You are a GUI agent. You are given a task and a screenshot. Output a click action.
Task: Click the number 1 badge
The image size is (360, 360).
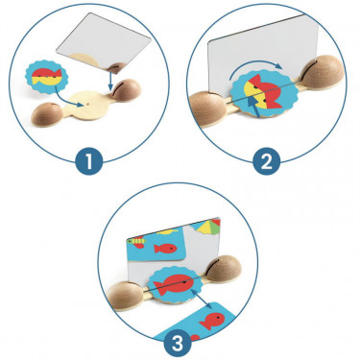[x=89, y=161]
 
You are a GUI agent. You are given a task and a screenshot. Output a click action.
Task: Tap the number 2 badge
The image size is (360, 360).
[x=267, y=161]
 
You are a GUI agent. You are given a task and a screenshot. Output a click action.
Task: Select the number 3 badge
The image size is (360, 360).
[x=178, y=345]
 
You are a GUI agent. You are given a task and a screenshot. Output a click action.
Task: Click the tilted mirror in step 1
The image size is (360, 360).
[x=104, y=41]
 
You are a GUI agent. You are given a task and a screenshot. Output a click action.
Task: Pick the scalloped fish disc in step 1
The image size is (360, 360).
[x=47, y=77]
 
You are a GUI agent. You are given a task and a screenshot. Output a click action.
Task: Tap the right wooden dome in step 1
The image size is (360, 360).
[x=127, y=90]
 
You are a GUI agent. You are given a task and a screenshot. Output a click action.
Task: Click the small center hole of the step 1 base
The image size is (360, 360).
[x=87, y=105]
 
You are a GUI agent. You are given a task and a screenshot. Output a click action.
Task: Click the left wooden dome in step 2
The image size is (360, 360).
[x=207, y=108]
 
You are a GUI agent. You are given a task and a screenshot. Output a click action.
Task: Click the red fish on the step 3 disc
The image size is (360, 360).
[x=172, y=284]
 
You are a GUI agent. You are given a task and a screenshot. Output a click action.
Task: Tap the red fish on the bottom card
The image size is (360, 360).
[x=212, y=321]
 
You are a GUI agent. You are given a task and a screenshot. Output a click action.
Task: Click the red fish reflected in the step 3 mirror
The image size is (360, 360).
[x=165, y=249]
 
